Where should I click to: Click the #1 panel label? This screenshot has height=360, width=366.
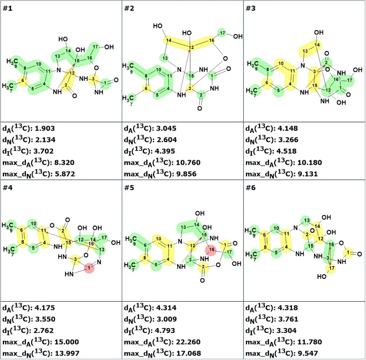7,8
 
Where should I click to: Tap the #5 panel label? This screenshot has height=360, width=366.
129,188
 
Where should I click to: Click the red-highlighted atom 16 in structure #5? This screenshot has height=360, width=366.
211,250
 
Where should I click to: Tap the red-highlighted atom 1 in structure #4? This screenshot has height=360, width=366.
89,268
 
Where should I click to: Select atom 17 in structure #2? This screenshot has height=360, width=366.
222,33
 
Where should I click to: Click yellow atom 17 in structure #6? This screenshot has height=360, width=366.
331,268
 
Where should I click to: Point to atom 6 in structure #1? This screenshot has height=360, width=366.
23,81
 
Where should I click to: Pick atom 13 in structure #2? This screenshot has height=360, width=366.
165,58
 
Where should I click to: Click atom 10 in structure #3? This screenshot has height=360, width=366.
281,63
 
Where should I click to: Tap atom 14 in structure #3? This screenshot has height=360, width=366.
317,45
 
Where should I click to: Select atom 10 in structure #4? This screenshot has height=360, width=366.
33,224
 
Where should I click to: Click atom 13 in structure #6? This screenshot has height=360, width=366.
306,220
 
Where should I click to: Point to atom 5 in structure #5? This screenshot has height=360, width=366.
156,264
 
